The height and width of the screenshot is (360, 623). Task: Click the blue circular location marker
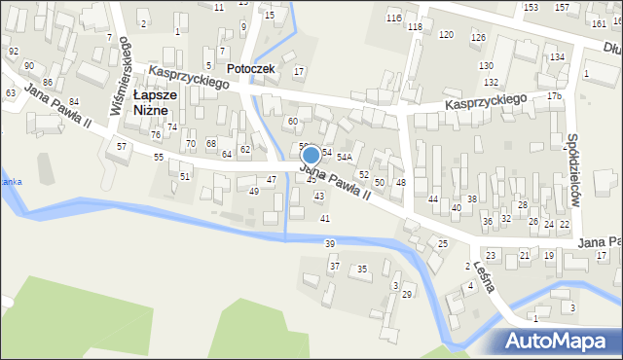click(311, 155)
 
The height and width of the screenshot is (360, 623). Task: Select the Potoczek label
click(250, 70)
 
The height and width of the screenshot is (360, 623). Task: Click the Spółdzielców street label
click(573, 170)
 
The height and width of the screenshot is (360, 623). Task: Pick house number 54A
click(344, 157)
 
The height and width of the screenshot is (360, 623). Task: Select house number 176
click(554, 96)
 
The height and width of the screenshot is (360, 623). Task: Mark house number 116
click(393, 18)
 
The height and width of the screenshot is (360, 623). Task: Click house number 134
click(556, 57)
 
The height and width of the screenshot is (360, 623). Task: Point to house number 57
click(122, 146)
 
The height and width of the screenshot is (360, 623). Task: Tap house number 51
click(185, 176)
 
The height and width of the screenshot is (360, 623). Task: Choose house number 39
click(330, 243)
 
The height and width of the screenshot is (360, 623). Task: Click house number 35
click(362, 269)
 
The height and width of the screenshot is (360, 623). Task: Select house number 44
click(432, 198)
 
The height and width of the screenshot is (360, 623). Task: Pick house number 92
click(14, 51)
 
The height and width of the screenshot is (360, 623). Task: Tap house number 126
click(478, 38)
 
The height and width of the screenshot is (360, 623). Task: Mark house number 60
click(292, 122)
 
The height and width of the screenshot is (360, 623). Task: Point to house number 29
click(407, 294)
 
